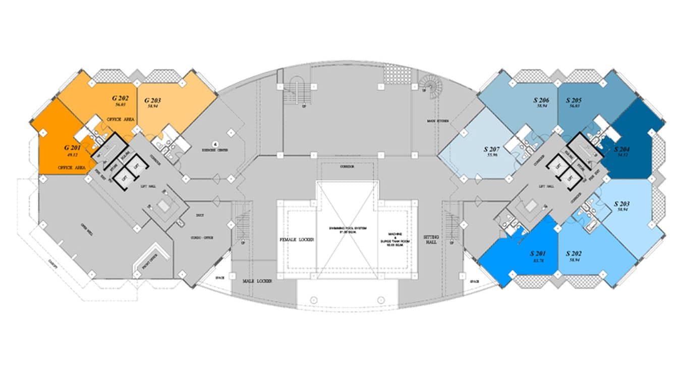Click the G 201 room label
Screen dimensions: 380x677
73,148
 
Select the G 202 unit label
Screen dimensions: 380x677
121,98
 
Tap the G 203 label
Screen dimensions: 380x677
153,100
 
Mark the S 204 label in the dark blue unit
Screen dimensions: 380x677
623,149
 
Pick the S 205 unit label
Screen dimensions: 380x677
575,100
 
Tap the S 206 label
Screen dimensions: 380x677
542,100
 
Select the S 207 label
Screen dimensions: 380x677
492,149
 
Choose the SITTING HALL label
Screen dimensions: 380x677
431,240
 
